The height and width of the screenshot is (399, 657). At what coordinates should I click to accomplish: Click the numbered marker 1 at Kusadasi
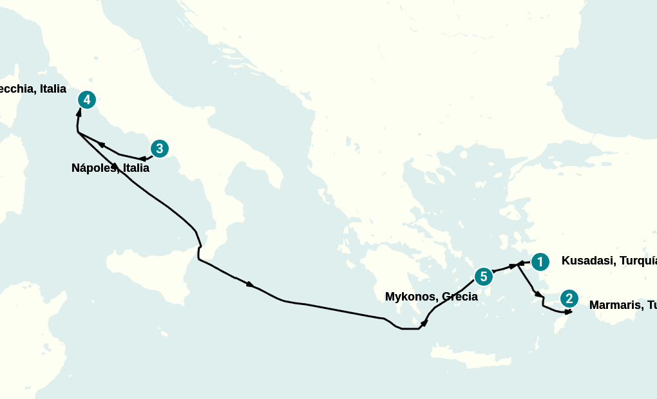click(540, 262)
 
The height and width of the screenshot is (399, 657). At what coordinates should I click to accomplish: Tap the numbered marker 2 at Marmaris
click(569, 299)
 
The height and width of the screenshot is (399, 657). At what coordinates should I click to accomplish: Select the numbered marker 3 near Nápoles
click(159, 149)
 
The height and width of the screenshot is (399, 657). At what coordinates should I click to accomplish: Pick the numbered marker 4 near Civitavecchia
click(86, 100)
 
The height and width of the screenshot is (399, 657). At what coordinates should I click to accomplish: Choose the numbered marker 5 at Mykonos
click(483, 277)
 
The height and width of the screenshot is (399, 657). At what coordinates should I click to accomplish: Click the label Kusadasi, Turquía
click(609, 261)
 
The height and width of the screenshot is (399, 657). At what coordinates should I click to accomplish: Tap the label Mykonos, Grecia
click(431, 297)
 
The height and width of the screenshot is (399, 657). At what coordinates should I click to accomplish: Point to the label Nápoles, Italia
click(110, 168)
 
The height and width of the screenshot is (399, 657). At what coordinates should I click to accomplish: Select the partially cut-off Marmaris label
click(622, 305)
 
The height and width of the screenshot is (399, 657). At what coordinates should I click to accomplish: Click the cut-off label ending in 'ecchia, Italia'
click(33, 89)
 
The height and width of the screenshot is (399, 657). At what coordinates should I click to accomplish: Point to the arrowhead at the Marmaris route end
click(568, 312)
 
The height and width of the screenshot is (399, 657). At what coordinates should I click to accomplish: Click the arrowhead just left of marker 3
click(142, 158)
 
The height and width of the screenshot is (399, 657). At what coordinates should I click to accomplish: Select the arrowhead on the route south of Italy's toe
click(250, 284)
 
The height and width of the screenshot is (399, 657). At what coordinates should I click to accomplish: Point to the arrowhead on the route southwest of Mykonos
click(424, 321)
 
